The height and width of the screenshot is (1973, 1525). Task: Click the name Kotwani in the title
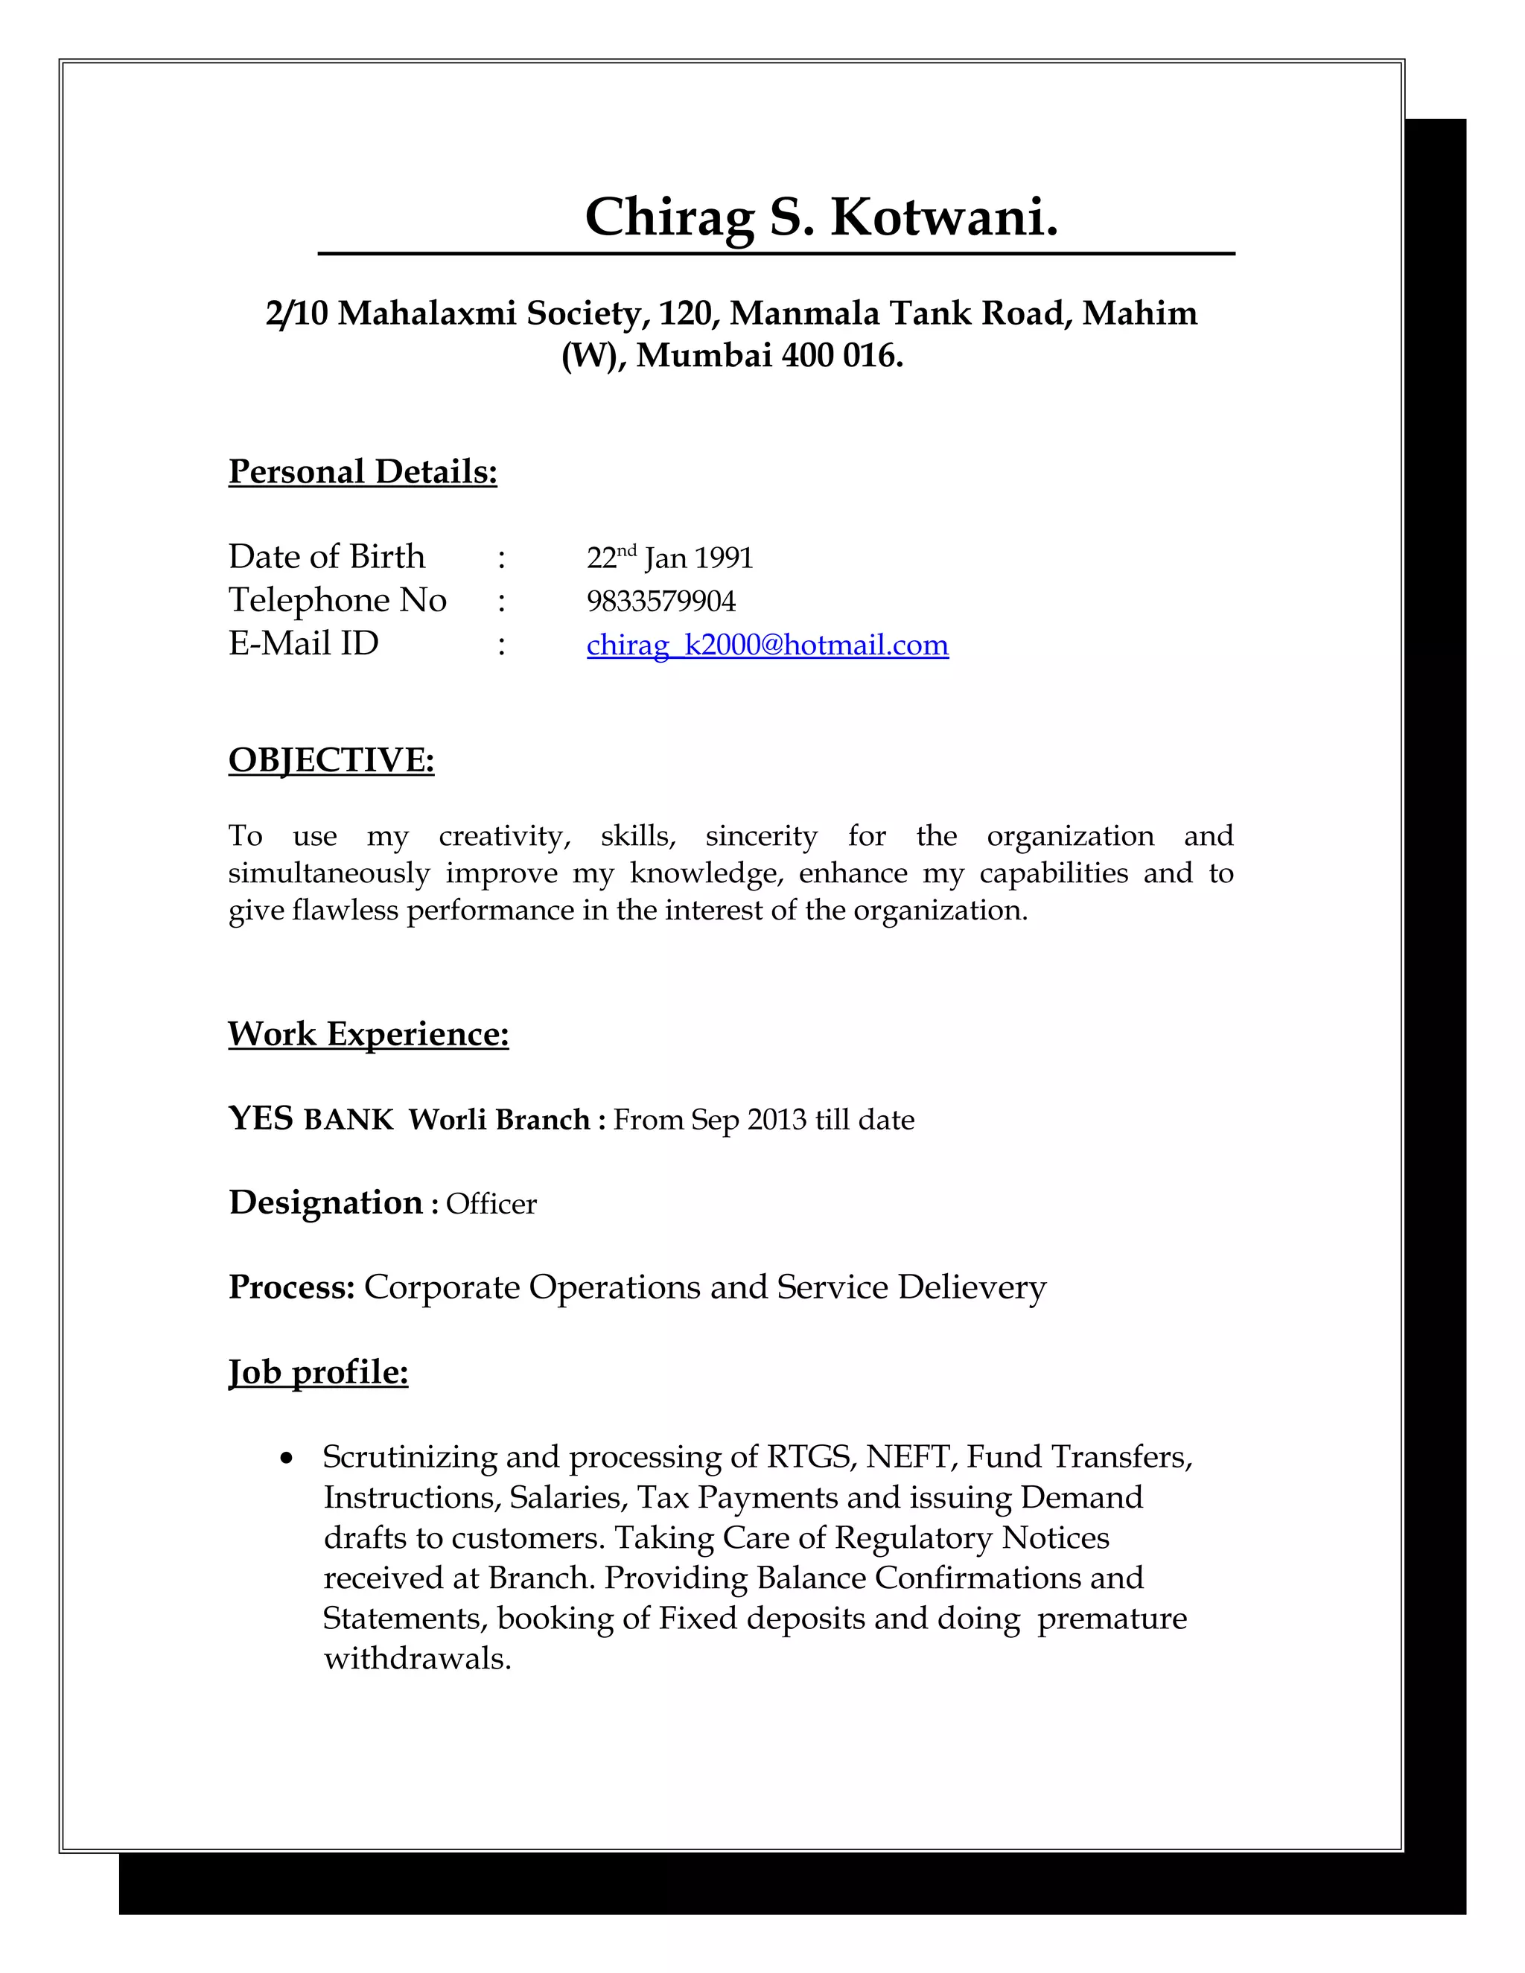click(x=943, y=217)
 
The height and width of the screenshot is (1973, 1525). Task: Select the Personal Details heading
click(x=363, y=471)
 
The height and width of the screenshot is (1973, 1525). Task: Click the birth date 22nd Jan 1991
click(x=669, y=558)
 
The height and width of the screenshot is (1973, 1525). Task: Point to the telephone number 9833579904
click(x=660, y=601)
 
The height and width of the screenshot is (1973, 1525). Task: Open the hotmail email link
click(x=767, y=645)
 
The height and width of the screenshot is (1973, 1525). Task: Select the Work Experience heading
click(x=368, y=1033)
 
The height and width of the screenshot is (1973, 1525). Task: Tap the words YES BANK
click(x=311, y=1119)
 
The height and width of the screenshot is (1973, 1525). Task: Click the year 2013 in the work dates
click(x=777, y=1121)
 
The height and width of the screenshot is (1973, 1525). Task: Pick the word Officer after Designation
click(x=491, y=1204)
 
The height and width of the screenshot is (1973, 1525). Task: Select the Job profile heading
click(x=318, y=1371)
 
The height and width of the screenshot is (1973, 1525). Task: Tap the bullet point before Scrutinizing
click(x=287, y=1458)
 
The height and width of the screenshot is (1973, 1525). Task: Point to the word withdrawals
click(x=418, y=1659)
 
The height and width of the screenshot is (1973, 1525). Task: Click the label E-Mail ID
click(x=304, y=643)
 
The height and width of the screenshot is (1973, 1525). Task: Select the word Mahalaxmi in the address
click(x=427, y=313)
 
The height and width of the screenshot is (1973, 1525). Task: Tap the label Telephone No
click(x=337, y=600)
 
